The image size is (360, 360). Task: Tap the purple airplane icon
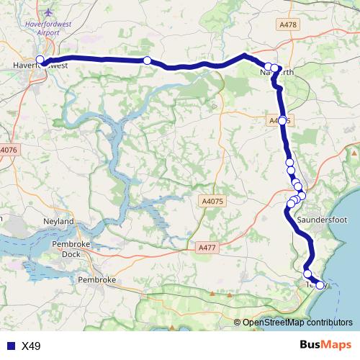(x=48, y=13)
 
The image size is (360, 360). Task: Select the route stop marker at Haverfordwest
(x=40, y=60)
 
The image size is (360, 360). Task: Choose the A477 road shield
(x=206, y=247)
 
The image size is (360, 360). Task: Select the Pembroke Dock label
(x=71, y=249)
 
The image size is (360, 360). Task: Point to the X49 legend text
(x=31, y=346)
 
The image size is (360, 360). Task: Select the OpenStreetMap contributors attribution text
(x=297, y=323)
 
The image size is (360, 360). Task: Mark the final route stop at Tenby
(x=320, y=285)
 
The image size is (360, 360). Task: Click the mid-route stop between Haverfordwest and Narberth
(x=147, y=60)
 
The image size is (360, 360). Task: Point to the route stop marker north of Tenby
(x=307, y=274)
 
